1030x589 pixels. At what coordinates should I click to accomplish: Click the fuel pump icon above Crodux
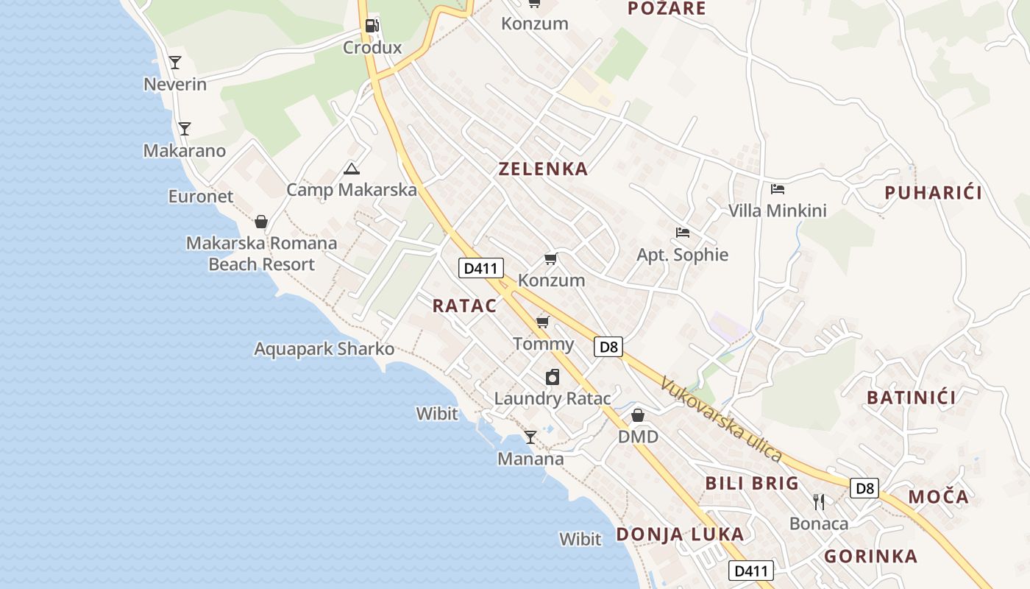[x=372, y=26]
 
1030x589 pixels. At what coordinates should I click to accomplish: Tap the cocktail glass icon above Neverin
[x=175, y=62]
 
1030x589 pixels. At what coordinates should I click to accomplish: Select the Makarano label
[x=185, y=151]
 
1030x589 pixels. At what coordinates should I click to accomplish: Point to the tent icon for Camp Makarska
[x=352, y=169]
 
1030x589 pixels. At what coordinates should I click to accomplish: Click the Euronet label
[x=201, y=197]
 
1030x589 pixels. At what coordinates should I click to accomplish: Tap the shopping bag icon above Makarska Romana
[x=260, y=222]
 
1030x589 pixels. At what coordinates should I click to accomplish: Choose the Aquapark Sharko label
[x=324, y=349]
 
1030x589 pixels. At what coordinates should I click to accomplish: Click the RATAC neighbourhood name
[x=464, y=306]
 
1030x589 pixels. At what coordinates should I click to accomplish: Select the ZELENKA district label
[x=544, y=169]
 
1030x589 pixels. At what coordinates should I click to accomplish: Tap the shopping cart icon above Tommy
[x=543, y=322]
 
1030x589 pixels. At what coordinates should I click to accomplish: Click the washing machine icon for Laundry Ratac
[x=553, y=377]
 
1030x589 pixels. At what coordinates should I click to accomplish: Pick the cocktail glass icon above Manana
[x=530, y=437]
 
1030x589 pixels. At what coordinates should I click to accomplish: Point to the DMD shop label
[x=638, y=437]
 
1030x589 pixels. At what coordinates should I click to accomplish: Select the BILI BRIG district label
[x=752, y=484]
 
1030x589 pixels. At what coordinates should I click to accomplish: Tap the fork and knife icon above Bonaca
[x=819, y=502]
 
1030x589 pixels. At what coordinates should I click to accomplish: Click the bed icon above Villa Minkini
[x=777, y=189]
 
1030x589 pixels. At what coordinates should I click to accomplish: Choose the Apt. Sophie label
[x=682, y=255]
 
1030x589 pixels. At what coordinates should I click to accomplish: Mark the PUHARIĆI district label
[x=934, y=194]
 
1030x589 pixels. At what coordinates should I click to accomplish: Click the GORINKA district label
[x=870, y=557]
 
